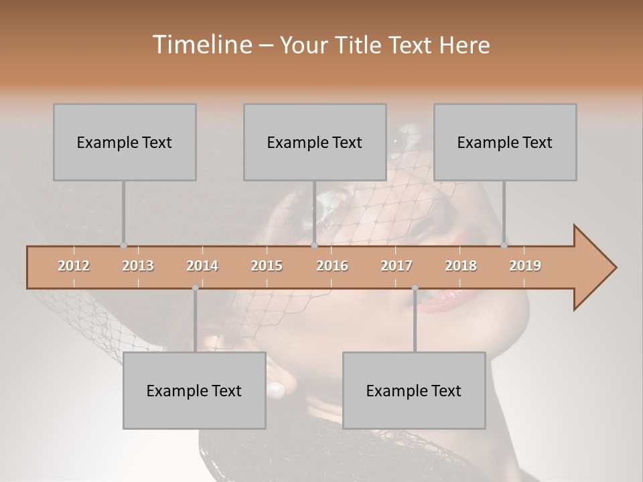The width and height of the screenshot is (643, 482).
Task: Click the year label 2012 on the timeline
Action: click(74, 266)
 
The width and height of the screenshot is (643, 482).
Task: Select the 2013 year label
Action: click(138, 266)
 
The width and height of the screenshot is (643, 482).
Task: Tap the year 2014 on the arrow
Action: click(202, 266)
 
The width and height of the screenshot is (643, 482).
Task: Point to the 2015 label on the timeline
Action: click(267, 266)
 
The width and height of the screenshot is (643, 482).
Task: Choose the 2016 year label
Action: click(332, 266)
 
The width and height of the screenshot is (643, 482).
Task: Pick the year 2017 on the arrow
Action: click(397, 266)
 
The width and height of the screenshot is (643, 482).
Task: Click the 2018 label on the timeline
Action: click(461, 266)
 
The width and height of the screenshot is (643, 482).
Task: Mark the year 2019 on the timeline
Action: click(525, 266)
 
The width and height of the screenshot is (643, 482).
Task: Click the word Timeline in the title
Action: click(201, 45)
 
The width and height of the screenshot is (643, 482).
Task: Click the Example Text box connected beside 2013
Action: click(125, 142)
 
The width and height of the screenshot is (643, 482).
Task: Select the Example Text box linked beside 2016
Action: click(315, 142)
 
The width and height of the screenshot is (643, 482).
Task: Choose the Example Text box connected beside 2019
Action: click(505, 142)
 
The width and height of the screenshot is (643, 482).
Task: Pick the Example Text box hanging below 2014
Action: click(194, 390)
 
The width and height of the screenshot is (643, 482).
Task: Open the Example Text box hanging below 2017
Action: click(414, 390)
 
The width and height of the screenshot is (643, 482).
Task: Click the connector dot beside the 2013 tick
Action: click(123, 246)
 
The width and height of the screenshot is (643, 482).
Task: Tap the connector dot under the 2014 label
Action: click(195, 288)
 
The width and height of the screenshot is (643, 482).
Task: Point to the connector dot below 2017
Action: click(415, 288)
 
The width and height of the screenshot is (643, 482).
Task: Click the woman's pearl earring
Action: click(276, 388)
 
